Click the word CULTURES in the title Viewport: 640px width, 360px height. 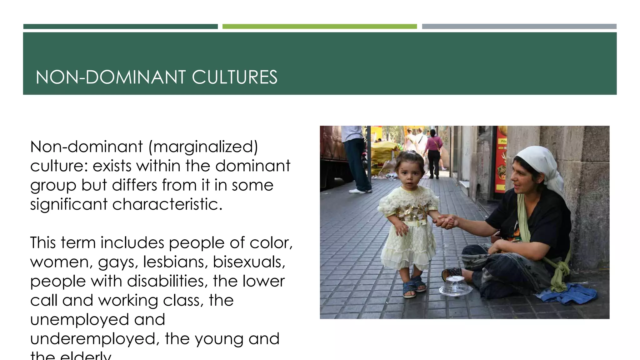[x=234, y=77]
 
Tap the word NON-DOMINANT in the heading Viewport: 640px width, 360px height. [x=111, y=77]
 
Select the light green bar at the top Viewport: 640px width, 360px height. [x=319, y=27]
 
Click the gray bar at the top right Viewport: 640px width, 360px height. [x=519, y=27]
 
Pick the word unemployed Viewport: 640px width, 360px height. [x=80, y=320]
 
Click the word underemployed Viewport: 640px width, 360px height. [x=95, y=339]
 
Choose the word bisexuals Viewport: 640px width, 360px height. [x=249, y=262]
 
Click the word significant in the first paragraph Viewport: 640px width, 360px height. [x=69, y=204]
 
